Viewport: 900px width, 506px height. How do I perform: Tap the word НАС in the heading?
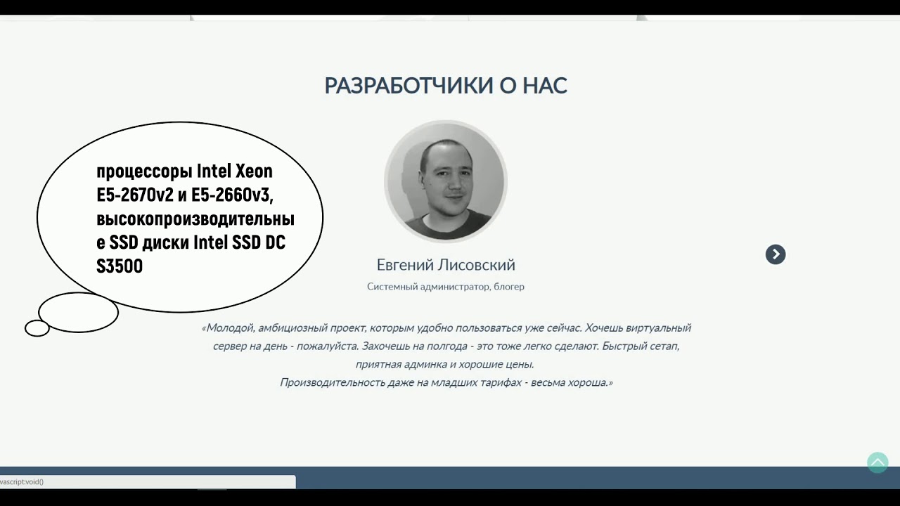[x=545, y=86]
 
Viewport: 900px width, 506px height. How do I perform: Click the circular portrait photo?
[x=446, y=182]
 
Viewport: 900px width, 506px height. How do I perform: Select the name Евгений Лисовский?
[x=446, y=265]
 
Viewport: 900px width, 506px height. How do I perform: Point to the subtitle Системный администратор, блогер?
[x=446, y=287]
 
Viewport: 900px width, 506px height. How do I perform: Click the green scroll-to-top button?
[x=877, y=462]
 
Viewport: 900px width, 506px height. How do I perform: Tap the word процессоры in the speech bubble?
[x=144, y=171]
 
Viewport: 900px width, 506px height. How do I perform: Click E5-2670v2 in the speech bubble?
[x=135, y=195]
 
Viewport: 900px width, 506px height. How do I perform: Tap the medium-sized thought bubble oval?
[x=78, y=312]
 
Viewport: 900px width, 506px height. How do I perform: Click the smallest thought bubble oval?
[x=37, y=328]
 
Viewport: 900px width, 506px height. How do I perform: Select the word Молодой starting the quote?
[x=229, y=328]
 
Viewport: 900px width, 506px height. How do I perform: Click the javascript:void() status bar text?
[x=21, y=482]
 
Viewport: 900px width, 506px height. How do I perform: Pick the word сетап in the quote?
[x=662, y=346]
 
